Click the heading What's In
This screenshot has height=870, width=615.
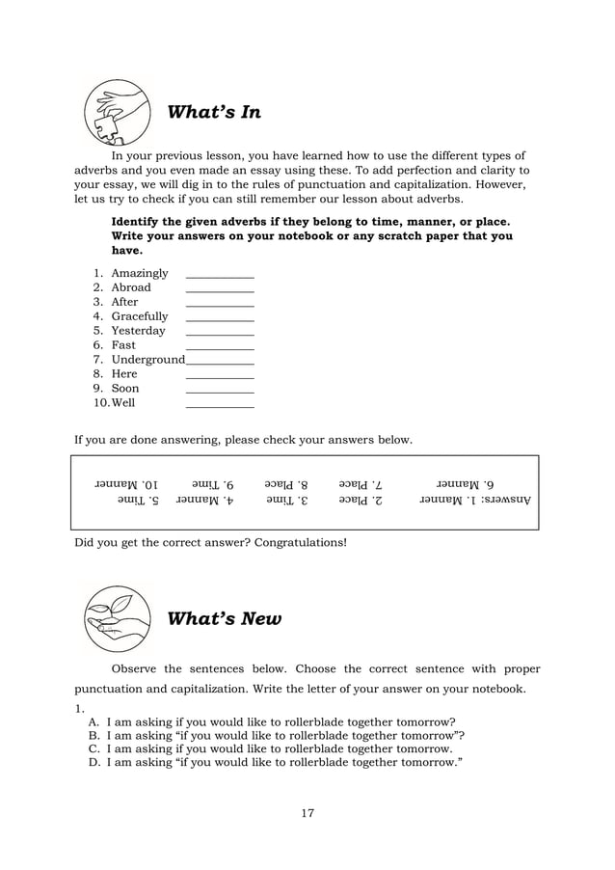coord(214,113)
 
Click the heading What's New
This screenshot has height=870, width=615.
coord(224,619)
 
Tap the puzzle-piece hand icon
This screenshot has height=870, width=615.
coord(115,112)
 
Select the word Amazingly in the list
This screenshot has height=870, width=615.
coord(139,273)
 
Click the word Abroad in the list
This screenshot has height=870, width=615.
coord(131,287)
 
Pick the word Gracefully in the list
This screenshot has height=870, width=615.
coord(139,316)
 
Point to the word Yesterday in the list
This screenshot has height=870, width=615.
coord(138,331)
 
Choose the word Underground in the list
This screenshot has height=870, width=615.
coord(147,360)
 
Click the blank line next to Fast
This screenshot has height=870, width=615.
coord(219,346)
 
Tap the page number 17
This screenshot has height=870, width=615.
coord(307,813)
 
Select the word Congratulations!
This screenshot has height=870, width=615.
coord(300,542)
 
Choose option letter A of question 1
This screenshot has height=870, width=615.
coord(94,721)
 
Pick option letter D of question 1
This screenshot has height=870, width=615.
coord(94,762)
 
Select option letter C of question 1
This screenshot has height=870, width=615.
coord(94,748)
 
